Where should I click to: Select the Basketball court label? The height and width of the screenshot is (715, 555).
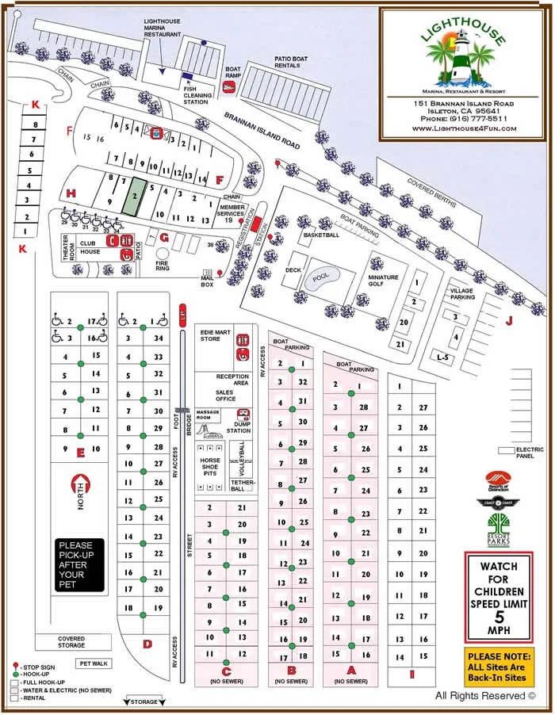click(x=321, y=235)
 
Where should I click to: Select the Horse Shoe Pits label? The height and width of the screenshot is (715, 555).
click(x=212, y=467)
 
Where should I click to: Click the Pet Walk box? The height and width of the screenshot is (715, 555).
click(x=92, y=663)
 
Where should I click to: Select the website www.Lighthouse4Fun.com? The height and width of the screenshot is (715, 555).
click(x=464, y=128)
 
